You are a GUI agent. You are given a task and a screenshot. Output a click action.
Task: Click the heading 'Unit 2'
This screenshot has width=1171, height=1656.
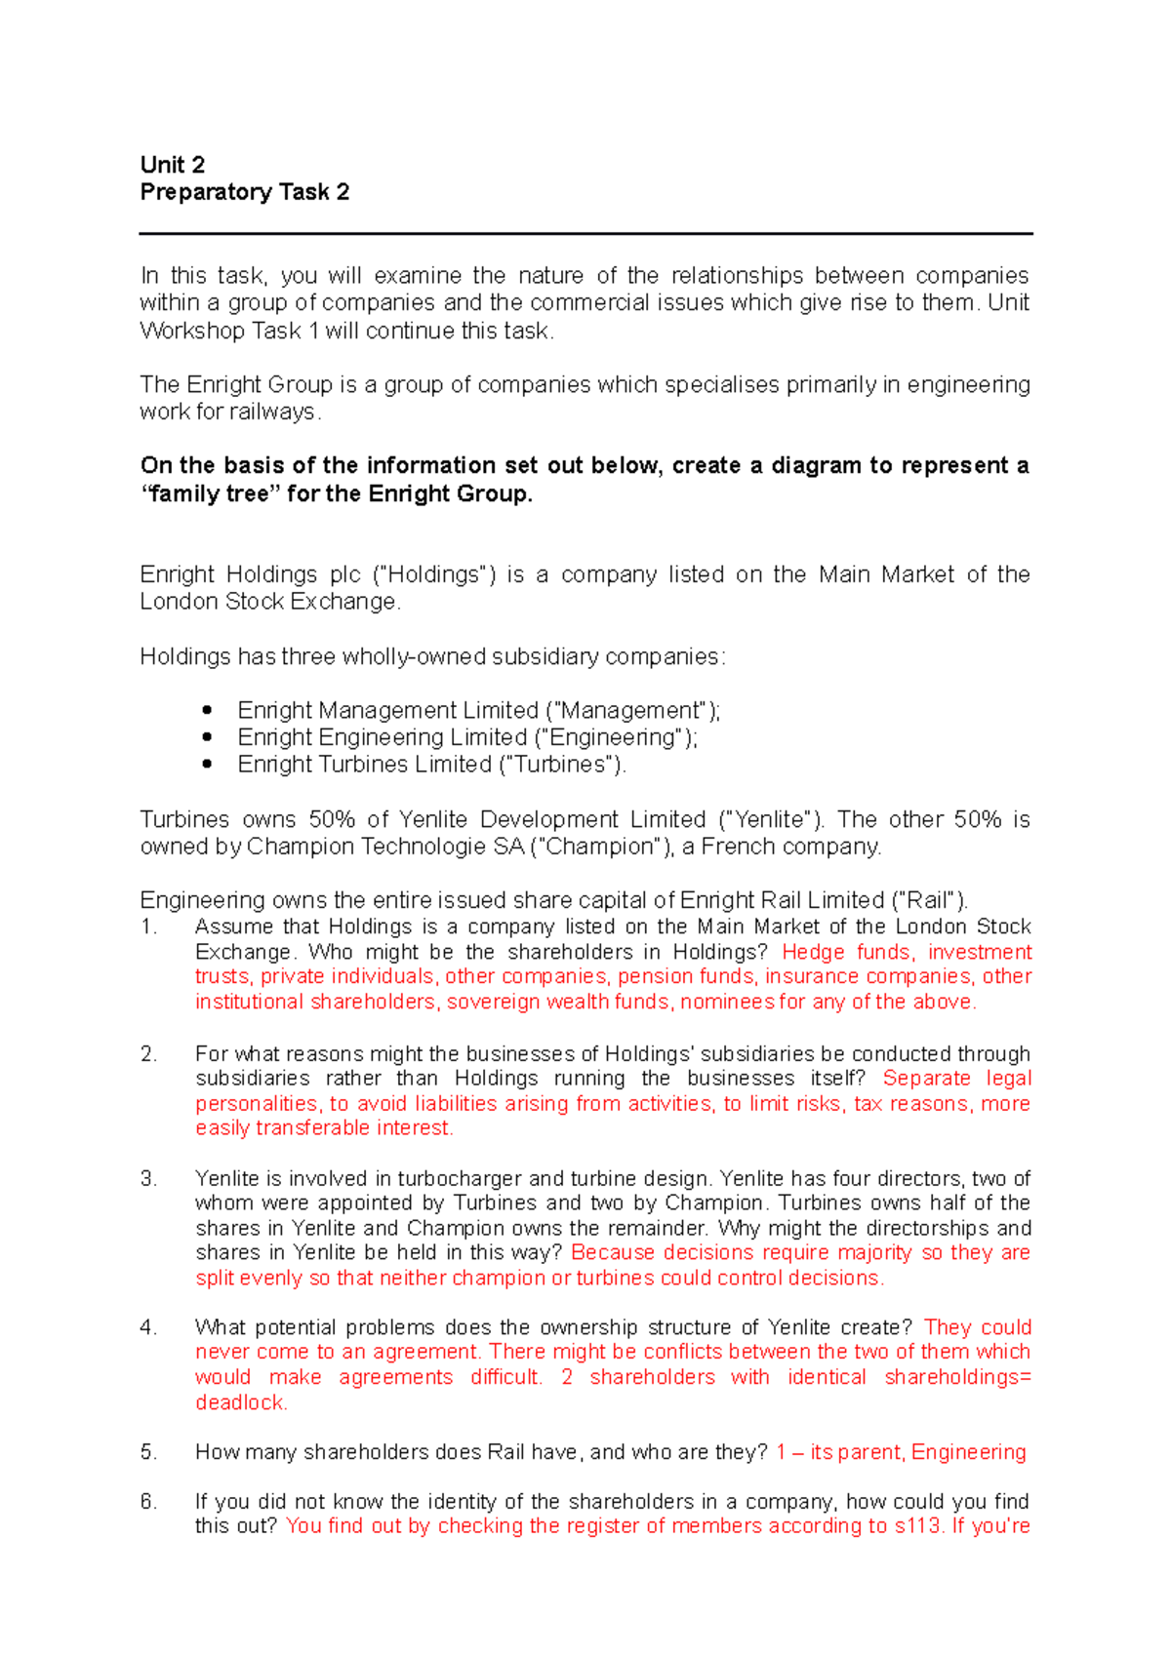click(x=173, y=165)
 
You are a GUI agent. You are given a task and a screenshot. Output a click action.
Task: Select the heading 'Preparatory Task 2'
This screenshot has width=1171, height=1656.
click(x=244, y=192)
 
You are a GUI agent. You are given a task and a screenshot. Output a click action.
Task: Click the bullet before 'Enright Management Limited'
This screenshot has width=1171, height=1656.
click(x=207, y=710)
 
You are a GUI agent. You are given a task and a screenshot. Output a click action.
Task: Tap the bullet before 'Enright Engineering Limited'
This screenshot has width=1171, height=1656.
click(x=207, y=737)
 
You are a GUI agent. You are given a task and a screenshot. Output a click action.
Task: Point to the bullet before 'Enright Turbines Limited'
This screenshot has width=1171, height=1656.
click(x=207, y=765)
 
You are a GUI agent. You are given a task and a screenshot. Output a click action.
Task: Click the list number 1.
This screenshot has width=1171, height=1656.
click(x=148, y=927)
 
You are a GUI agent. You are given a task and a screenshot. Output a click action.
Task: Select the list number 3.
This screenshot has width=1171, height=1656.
click(x=148, y=1178)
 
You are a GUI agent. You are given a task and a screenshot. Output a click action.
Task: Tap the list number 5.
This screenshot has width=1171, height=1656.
click(x=148, y=1452)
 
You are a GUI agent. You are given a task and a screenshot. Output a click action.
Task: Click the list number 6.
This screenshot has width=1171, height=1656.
click(x=148, y=1502)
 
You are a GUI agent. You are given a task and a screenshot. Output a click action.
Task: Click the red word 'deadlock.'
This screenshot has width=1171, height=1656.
click(x=241, y=1402)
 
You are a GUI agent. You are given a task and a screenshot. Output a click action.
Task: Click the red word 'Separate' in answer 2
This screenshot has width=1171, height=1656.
click(x=926, y=1078)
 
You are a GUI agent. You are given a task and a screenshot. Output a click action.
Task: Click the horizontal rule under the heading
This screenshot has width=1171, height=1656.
click(x=585, y=234)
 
